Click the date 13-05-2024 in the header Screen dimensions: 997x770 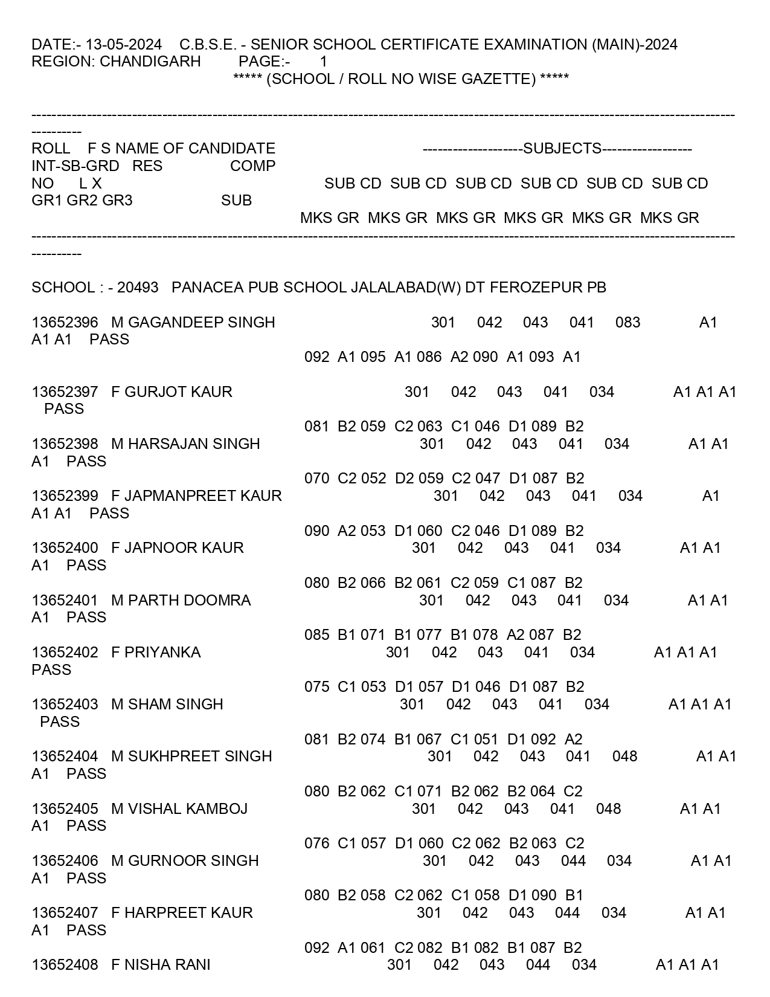[123, 45]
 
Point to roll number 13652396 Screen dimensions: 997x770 [65, 323]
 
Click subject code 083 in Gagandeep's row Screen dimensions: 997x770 [627, 323]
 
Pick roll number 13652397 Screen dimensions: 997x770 [65, 392]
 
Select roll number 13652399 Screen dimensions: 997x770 [65, 496]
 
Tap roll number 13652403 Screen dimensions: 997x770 [65, 705]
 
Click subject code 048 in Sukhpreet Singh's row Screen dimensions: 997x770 [624, 757]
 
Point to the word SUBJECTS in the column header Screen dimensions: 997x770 [562, 149]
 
